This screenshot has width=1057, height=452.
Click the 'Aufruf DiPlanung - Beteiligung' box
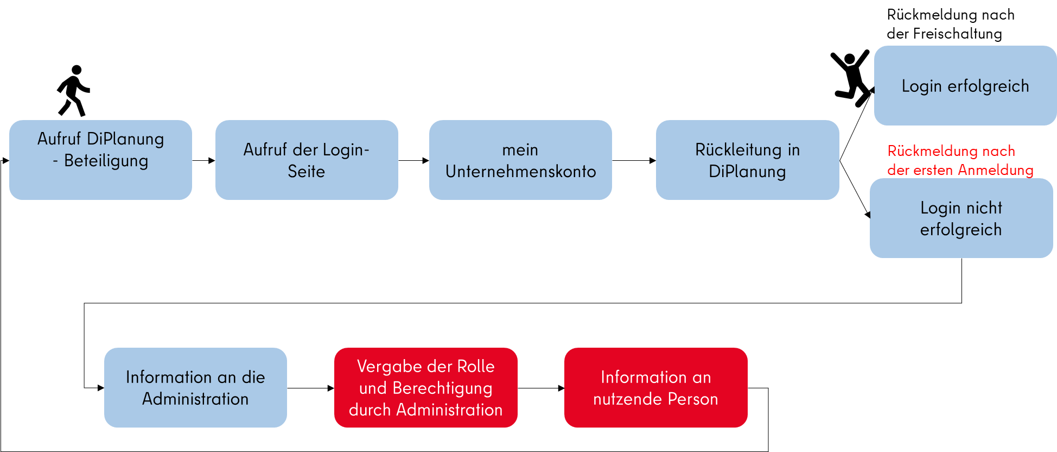point(100,160)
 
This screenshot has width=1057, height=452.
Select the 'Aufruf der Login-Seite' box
point(307,160)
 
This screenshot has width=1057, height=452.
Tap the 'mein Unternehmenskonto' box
point(520,160)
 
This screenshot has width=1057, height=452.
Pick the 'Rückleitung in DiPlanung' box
point(747,160)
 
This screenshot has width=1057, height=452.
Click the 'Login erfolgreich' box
point(965,86)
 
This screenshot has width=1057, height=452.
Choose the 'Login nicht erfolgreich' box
point(961,218)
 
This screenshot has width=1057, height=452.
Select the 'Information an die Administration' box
point(195,387)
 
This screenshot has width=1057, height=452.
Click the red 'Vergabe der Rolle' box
point(425,387)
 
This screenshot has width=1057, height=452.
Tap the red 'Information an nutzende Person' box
point(655,387)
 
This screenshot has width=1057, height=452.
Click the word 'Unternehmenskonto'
point(520,172)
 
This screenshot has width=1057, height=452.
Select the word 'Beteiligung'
point(106,161)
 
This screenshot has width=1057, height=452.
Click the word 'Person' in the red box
point(693,399)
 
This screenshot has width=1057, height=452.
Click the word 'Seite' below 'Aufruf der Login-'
point(306,172)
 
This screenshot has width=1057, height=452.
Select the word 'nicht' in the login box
point(984,208)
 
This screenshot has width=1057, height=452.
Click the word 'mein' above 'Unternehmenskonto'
point(520,149)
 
